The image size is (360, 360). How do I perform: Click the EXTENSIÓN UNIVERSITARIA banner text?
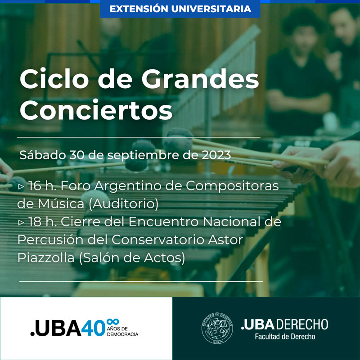(180, 9)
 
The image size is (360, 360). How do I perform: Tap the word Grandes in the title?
(200, 79)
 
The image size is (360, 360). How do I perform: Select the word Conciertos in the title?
(96, 110)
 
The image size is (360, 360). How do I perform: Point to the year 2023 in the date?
(216, 155)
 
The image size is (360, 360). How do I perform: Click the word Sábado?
(43, 155)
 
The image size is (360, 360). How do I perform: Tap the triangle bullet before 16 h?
(21, 186)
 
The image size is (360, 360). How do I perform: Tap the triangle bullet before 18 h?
(21, 222)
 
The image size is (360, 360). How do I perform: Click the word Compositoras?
(232, 186)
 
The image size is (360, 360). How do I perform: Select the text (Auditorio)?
(123, 204)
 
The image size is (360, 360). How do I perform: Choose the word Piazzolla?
(46, 258)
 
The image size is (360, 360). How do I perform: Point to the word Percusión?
(50, 240)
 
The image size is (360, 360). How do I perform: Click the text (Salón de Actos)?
(132, 258)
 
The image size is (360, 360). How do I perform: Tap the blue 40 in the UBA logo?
(93, 328)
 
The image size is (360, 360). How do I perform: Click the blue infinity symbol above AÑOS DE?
(113, 322)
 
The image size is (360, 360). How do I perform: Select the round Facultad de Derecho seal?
(217, 328)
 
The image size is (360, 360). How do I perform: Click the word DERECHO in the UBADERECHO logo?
(301, 324)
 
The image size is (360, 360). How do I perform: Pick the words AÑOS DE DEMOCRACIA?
(122, 332)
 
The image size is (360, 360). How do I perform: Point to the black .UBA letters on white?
(56, 328)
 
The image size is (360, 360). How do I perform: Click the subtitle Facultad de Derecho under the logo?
(285, 337)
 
